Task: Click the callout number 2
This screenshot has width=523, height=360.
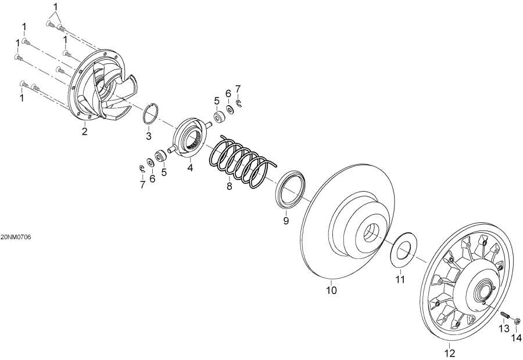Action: click(84, 132)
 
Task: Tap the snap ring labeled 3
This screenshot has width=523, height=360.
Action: click(152, 113)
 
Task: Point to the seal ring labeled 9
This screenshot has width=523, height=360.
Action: click(288, 188)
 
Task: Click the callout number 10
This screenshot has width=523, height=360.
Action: click(331, 289)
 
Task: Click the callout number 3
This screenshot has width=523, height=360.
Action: click(148, 136)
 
